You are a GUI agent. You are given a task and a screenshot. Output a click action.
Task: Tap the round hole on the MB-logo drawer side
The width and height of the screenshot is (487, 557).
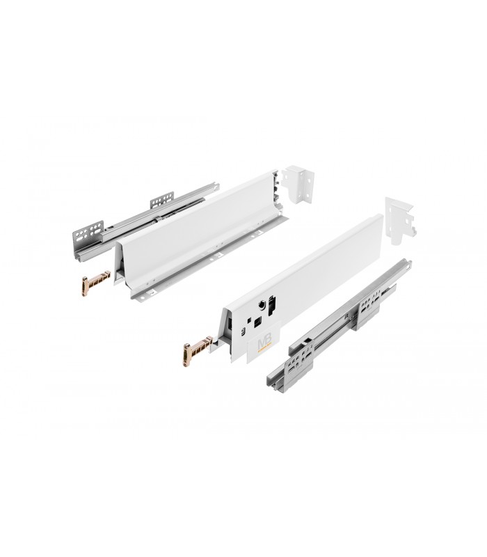point(259,304)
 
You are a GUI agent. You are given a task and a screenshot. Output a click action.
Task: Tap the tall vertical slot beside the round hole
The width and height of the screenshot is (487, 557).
point(271,307)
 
